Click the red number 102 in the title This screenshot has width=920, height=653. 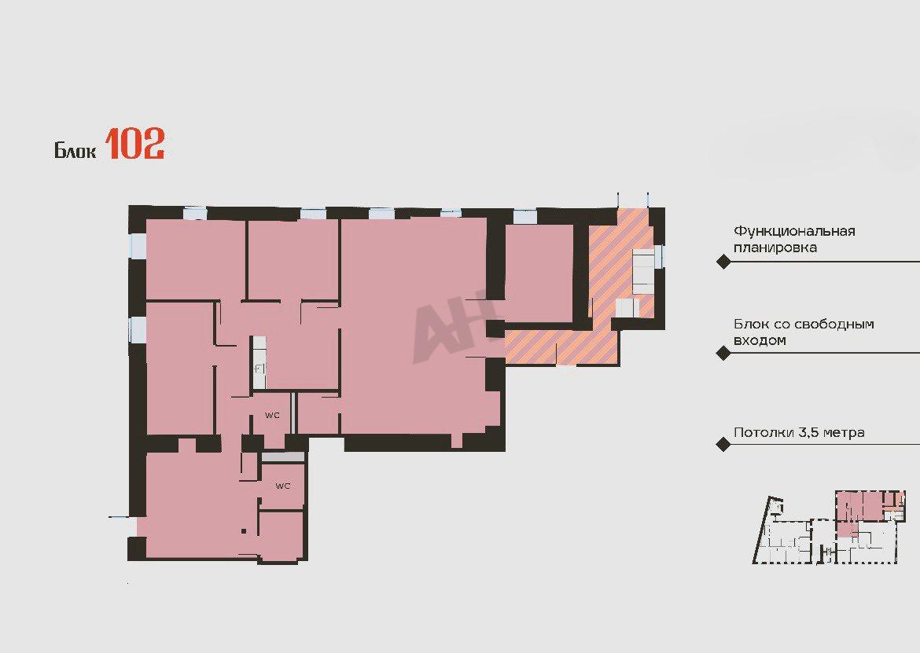135,145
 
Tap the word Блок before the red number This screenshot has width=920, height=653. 75,150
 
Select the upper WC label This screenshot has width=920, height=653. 272,416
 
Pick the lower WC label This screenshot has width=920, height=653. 283,486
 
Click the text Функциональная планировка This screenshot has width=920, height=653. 794,239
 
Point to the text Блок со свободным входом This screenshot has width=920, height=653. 804,332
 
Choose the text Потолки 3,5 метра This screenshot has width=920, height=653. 799,433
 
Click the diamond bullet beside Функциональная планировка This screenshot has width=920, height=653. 723,262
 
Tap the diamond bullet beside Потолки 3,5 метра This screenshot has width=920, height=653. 723,444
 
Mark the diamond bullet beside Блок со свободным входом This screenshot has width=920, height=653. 723,353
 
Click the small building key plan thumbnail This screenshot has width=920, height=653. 828,527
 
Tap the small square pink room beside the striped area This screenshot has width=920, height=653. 539,273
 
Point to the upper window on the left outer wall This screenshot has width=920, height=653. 138,246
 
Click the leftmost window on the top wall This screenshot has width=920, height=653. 195,214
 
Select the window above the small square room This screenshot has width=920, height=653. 524,216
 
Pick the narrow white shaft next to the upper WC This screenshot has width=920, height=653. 259,362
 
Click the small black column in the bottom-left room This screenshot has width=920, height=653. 244,532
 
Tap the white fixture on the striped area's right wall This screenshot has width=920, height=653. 644,271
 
